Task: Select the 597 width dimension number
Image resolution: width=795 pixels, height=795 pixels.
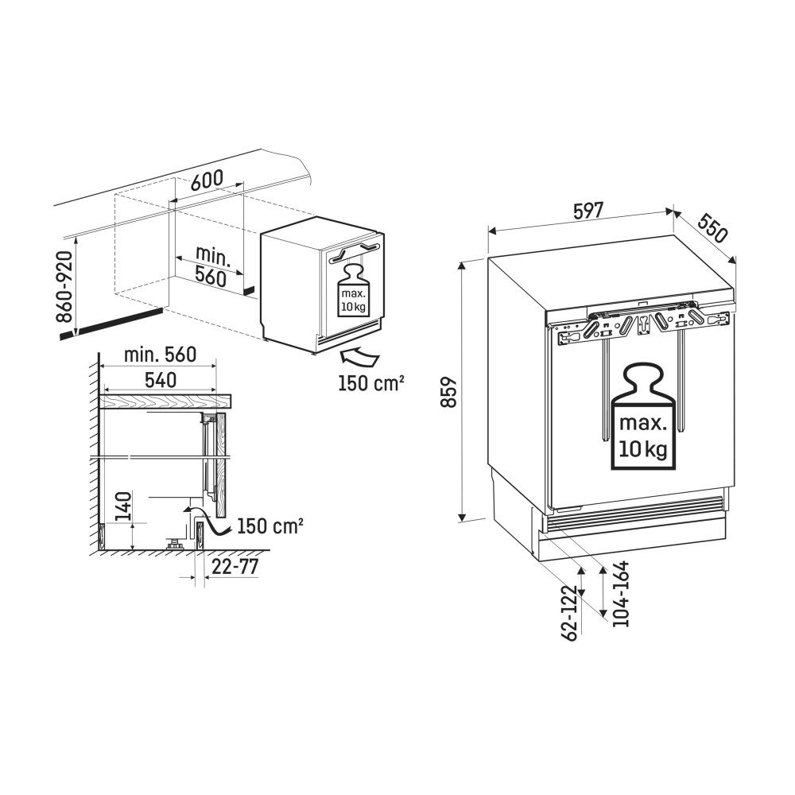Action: pyautogui.click(x=588, y=211)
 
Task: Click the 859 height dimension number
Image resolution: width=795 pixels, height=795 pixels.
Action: pyautogui.click(x=449, y=392)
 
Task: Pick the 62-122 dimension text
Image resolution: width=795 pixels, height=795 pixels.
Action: pyautogui.click(x=570, y=613)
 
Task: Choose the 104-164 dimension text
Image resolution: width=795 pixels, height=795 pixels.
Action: pyautogui.click(x=620, y=593)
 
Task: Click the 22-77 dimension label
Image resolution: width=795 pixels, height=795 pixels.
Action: pyautogui.click(x=235, y=567)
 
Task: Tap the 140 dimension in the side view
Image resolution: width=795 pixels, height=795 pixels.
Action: pyautogui.click(x=123, y=506)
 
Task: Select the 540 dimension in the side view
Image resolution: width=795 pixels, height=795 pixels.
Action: pyautogui.click(x=161, y=380)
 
